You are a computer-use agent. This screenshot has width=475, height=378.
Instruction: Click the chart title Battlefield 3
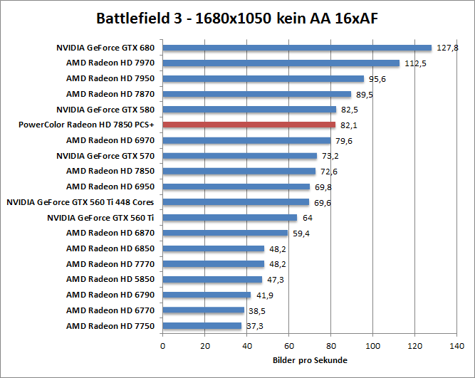pyautogui.click(x=237, y=18)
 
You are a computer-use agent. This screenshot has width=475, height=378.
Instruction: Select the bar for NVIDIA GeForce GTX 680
pyautogui.click(x=297, y=48)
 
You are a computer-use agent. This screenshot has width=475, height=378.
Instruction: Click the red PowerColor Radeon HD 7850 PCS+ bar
pyautogui.click(x=249, y=125)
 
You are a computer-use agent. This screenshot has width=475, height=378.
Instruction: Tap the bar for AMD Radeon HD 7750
pyautogui.click(x=202, y=325)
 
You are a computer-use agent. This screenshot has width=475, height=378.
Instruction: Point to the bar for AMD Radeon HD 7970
pyautogui.click(x=281, y=63)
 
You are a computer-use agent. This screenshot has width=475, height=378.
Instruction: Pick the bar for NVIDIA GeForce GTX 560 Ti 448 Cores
pyautogui.click(x=236, y=202)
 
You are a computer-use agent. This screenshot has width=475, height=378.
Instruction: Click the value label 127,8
pyautogui.click(x=447, y=48)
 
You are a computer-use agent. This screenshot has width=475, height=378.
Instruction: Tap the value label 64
pyautogui.click(x=307, y=218)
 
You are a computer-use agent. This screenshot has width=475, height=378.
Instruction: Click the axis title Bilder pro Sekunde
pyautogui.click(x=310, y=360)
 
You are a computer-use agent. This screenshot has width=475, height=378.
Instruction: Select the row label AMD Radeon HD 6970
pyautogui.click(x=115, y=140)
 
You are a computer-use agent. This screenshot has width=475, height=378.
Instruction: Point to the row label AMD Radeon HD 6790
pyautogui.click(x=115, y=295)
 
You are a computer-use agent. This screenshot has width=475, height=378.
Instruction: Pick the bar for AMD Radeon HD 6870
pyautogui.click(x=225, y=233)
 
